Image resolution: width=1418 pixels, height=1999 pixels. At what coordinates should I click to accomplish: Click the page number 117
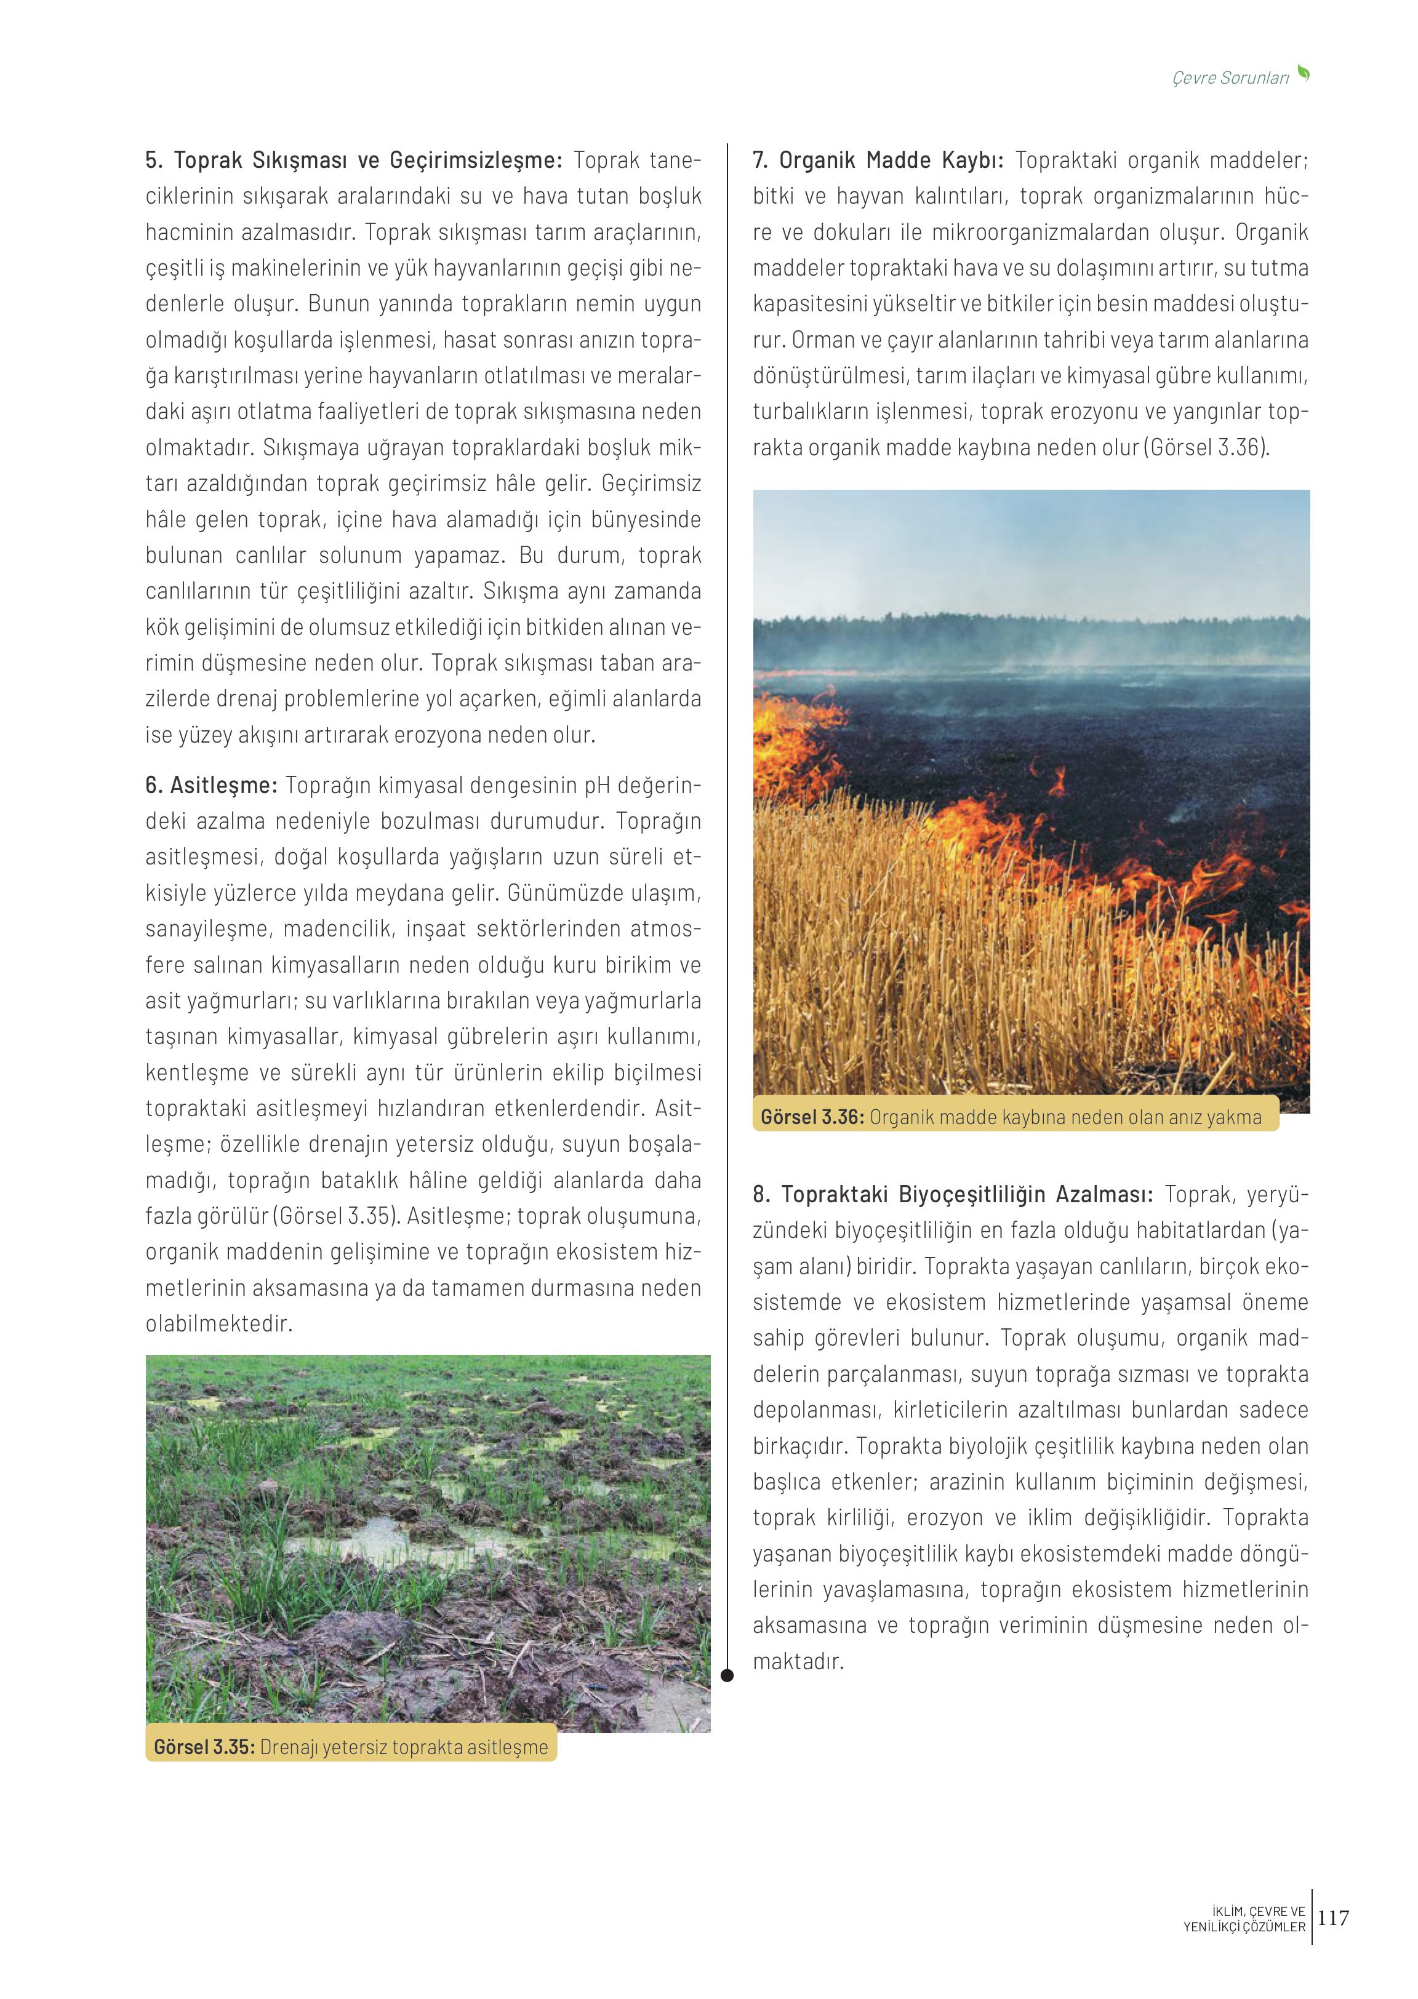(1333, 1918)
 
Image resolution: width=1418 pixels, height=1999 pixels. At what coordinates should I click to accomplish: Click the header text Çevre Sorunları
(1230, 78)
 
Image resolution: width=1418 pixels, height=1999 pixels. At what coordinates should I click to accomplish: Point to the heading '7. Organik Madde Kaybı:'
(878, 161)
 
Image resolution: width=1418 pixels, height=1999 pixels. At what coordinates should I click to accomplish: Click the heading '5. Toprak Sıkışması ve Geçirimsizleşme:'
(355, 161)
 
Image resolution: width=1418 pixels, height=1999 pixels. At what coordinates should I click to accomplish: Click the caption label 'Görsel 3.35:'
(204, 1747)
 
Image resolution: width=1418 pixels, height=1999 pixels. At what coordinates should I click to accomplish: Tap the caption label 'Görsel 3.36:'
(812, 1117)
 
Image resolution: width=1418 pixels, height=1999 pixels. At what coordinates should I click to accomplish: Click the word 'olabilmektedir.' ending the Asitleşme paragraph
(218, 1324)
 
